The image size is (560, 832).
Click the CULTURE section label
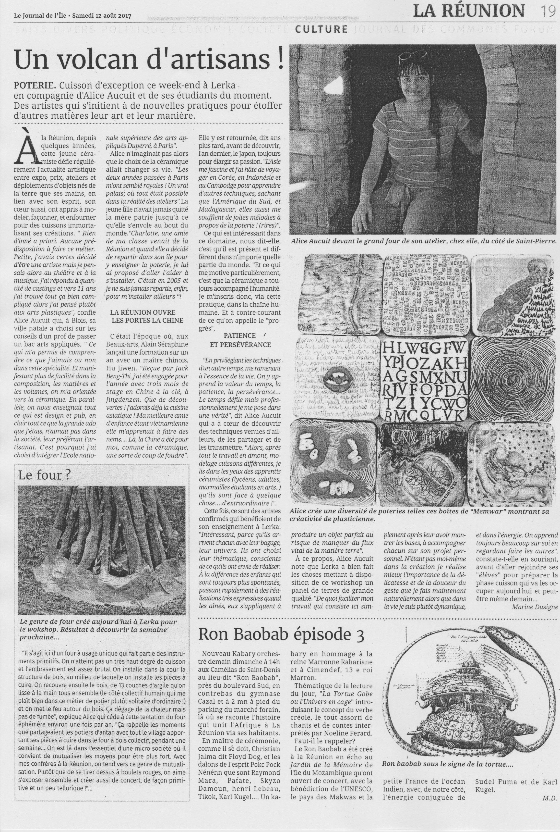(x=322, y=30)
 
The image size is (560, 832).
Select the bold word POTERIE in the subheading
(x=34, y=87)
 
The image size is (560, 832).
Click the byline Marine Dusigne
(x=534, y=607)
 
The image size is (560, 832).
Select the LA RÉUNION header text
(x=469, y=11)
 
